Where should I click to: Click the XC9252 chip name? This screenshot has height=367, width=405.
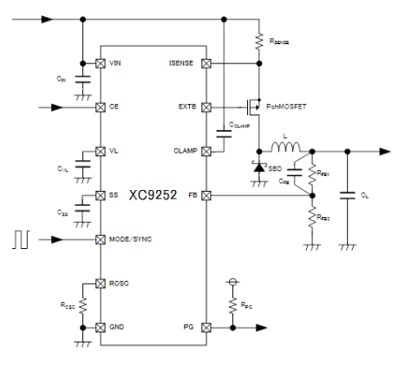click(150, 196)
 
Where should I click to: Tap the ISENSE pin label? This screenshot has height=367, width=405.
click(183, 64)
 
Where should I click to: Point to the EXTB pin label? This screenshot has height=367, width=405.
click(187, 108)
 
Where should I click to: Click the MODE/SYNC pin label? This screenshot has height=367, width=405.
click(130, 239)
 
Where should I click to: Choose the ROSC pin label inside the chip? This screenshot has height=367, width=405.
click(120, 284)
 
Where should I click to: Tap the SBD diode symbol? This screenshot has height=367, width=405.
click(259, 166)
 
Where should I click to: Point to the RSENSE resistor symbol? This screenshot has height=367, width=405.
click(259, 39)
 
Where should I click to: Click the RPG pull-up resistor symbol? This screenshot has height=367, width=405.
click(232, 305)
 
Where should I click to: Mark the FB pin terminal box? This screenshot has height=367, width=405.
click(206, 196)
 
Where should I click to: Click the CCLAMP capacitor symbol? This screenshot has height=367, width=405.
click(224, 133)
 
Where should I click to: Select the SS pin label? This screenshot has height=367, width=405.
click(114, 196)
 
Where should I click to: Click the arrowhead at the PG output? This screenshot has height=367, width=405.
click(264, 328)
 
